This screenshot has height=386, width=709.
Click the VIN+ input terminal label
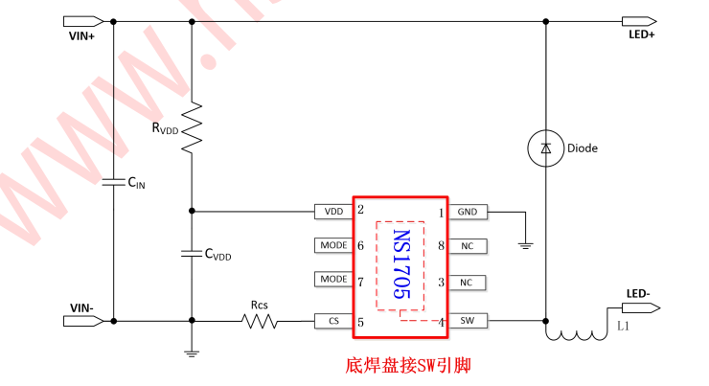tap(82, 35)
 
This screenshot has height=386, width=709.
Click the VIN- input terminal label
tap(82, 307)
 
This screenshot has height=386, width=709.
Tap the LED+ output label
tap(640, 34)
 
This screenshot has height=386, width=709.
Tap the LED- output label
tap(640, 292)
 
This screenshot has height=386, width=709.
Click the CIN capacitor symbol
tap(113, 179)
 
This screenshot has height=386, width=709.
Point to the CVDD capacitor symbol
tap(192, 254)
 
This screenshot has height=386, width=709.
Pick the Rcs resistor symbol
tap(260, 321)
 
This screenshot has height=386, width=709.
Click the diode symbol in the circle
tap(545, 148)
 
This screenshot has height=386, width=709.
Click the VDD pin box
tap(333, 211)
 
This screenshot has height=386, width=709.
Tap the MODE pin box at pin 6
tap(333, 245)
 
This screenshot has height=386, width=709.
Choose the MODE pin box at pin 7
tap(333, 280)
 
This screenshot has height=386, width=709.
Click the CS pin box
tap(333, 321)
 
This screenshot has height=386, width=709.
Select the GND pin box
tap(467, 212)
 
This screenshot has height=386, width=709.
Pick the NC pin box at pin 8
tap(467, 246)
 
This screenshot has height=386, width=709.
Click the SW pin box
tap(467, 321)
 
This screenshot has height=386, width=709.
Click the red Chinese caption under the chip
tap(407, 366)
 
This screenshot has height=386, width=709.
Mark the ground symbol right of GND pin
tap(524, 245)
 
